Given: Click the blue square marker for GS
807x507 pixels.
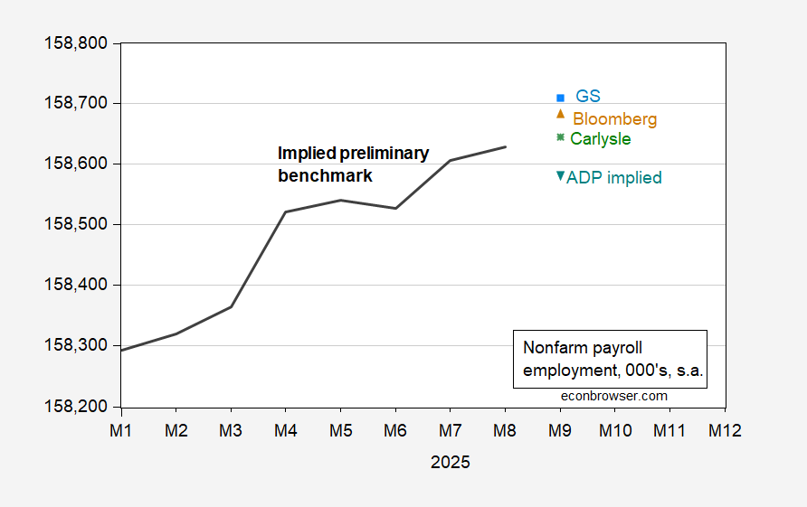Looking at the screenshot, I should coord(560,98).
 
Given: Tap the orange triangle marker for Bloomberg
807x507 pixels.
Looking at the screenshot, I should coord(560,114).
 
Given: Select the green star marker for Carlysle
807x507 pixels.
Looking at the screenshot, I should coord(560,137).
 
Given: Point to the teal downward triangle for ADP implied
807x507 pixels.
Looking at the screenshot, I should coord(560,176).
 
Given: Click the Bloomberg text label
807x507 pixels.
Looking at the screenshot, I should coord(614,118).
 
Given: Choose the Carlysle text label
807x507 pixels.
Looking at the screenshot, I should coord(600,139).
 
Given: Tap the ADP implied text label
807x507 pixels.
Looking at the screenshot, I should coord(613,178).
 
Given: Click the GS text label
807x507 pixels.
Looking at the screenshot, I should coord(588,96).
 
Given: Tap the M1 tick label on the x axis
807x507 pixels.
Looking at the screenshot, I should coord(121,430).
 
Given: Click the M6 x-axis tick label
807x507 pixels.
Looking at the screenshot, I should coord(395,430).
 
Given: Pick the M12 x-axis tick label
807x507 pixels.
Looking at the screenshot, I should coord(725,430).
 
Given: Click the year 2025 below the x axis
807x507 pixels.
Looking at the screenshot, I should coord(450,462).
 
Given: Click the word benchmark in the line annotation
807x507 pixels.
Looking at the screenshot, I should coord(324,176).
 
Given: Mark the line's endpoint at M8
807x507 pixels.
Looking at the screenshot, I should coord(506,146).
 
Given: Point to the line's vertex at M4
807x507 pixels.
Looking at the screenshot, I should coord(286,212).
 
